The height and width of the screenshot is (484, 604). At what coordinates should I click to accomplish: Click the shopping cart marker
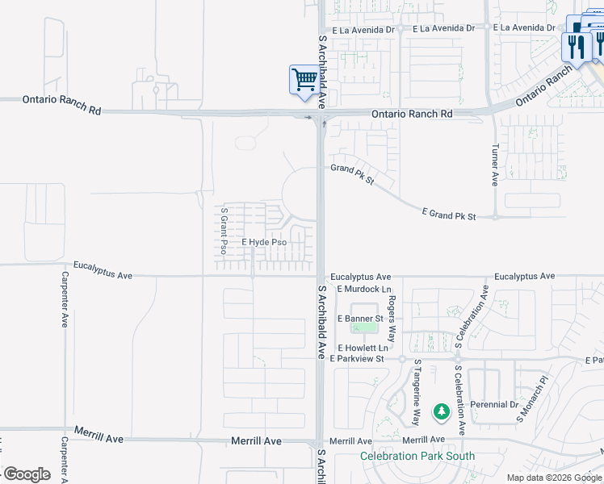(x=304, y=80)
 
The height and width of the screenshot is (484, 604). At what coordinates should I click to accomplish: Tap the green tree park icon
(x=441, y=412)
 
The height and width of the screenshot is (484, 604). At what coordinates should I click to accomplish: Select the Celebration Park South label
(x=417, y=456)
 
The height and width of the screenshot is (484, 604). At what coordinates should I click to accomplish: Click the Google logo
(x=27, y=474)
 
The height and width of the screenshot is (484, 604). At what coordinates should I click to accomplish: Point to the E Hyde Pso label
(x=264, y=242)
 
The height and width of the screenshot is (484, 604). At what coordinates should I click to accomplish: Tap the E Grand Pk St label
(x=449, y=214)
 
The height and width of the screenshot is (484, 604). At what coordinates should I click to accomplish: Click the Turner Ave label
(x=495, y=165)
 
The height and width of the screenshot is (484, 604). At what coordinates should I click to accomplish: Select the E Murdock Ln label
(x=364, y=289)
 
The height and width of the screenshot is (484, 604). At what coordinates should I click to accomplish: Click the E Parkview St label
(x=356, y=358)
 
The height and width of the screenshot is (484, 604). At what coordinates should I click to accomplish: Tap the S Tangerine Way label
(x=417, y=393)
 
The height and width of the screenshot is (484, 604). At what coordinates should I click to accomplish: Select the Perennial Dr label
(x=497, y=404)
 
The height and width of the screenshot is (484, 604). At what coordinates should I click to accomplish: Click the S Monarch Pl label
(x=532, y=398)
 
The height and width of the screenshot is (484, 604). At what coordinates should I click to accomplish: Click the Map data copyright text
(x=554, y=478)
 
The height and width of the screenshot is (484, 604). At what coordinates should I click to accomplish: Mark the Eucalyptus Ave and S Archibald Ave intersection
(x=321, y=277)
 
